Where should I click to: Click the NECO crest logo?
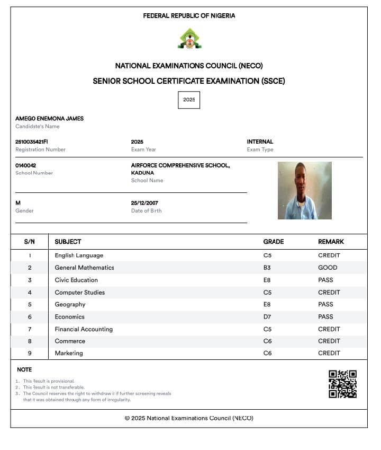tap(189, 39)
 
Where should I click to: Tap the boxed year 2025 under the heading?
tap(189, 100)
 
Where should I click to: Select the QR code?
tap(342, 384)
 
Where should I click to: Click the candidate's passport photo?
tap(304, 190)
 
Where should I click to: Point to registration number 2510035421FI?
tap(32, 142)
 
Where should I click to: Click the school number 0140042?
tap(26, 165)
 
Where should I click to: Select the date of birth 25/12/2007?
tap(144, 203)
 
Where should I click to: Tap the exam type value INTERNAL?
tap(260, 142)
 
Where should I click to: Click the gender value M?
tap(18, 203)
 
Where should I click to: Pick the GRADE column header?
tap(274, 242)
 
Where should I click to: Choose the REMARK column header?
tap(331, 242)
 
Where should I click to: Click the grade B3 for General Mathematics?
tap(267, 268)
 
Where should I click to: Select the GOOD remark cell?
tap(328, 268)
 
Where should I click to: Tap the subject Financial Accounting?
tap(84, 329)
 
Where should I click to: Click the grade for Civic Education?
tap(267, 280)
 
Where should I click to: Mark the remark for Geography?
tap(325, 304)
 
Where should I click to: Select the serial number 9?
tap(30, 354)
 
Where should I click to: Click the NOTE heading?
tap(24, 369)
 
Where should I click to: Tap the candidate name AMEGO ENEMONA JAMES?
tap(49, 119)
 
